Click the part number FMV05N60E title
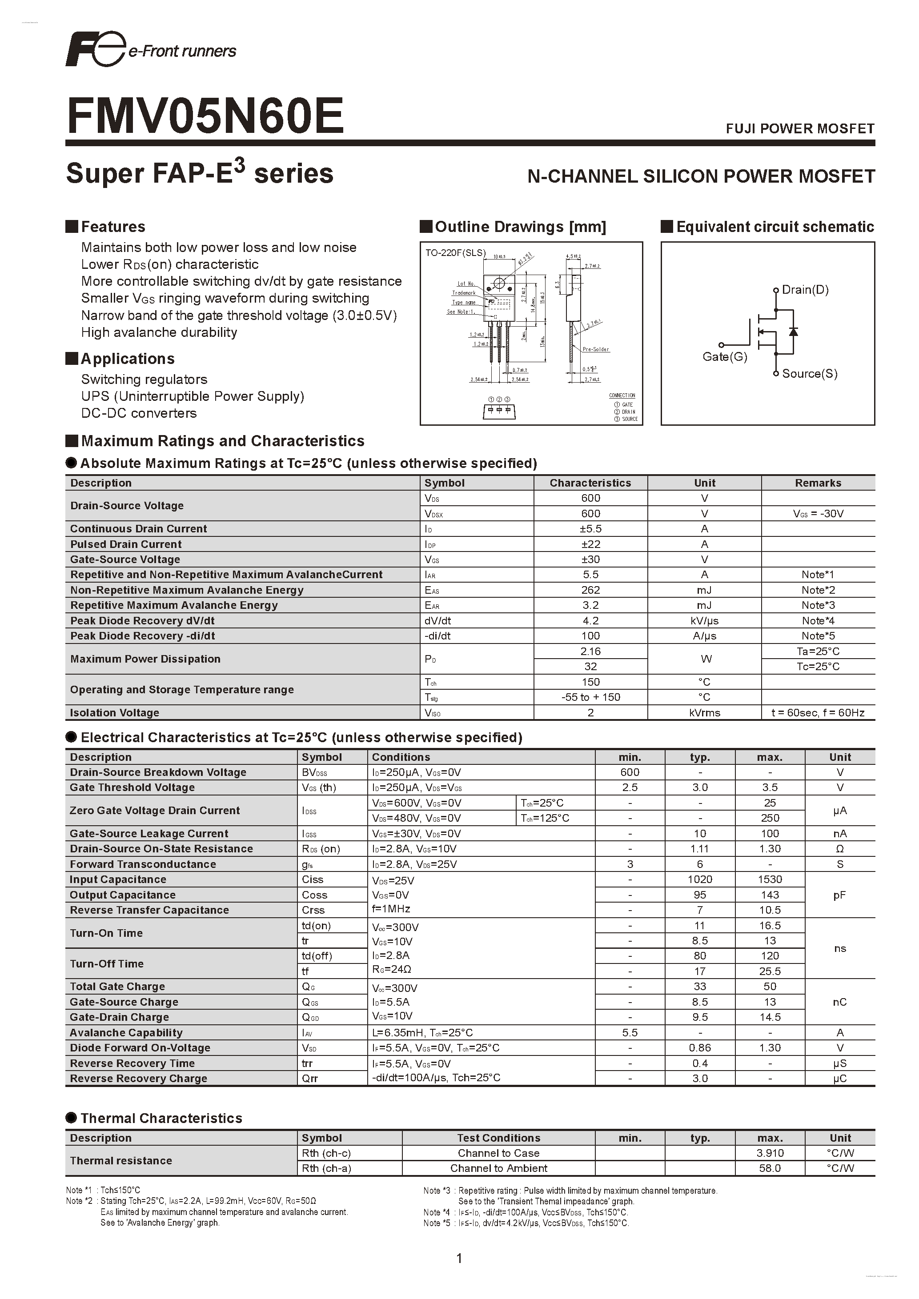[205, 116]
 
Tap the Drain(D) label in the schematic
[805, 290]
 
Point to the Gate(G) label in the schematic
[724, 357]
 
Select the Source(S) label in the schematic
[809, 373]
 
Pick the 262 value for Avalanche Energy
[590, 590]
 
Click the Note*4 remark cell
[818, 621]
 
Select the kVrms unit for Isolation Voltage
[705, 713]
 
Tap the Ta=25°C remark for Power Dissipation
[818, 651]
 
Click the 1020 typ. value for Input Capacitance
[699, 879]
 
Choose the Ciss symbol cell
[313, 879]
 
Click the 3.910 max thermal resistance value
[770, 1153]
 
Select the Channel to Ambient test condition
[498, 1168]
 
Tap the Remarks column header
[818, 483]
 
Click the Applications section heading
[127, 359]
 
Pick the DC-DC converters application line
[139, 413]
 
